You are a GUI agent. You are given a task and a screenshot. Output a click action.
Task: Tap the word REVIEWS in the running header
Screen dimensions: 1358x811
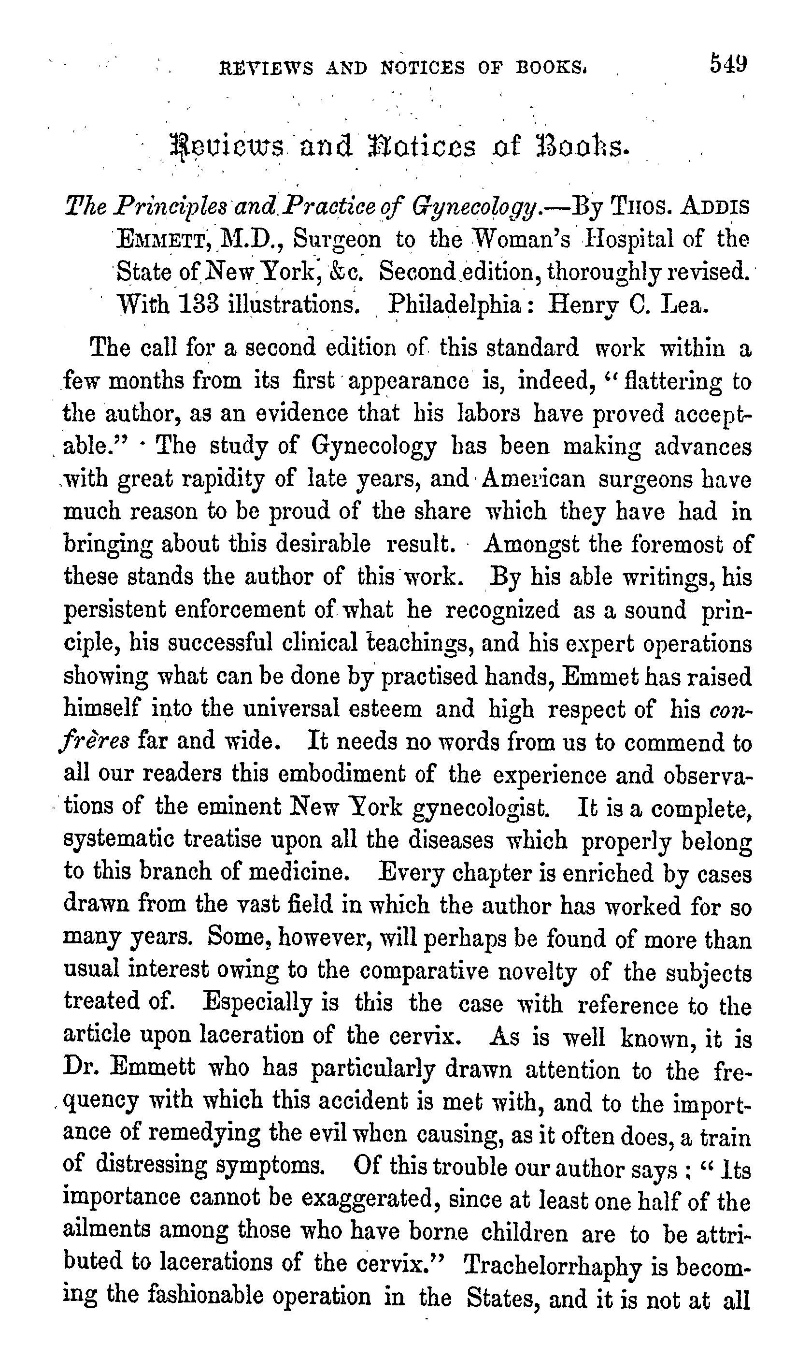266,68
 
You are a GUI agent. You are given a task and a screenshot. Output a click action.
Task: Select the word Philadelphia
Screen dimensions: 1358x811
454,304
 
